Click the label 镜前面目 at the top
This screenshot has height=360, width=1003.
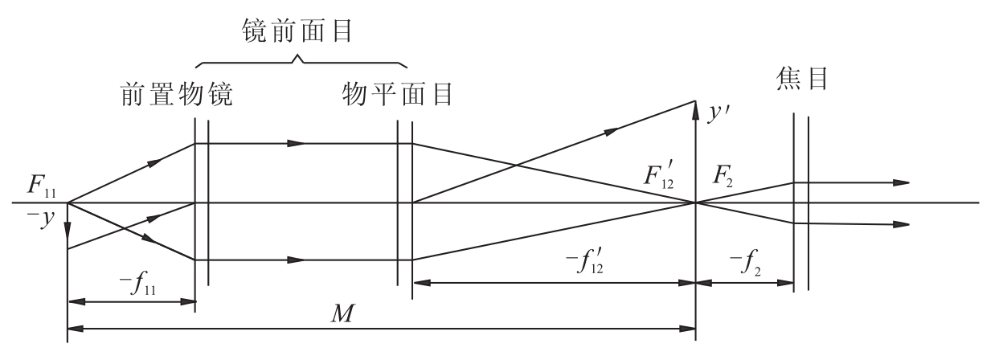[297, 31]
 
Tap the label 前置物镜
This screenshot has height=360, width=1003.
[177, 94]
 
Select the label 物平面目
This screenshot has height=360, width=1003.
[398, 94]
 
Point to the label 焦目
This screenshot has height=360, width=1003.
[801, 79]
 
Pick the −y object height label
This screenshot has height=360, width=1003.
[41, 219]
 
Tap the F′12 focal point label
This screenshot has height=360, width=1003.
[659, 175]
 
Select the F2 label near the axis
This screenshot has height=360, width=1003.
[723, 177]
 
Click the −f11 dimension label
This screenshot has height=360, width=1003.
[137, 284]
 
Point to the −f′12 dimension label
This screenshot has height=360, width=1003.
[584, 261]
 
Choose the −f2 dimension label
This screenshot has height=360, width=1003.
[745, 264]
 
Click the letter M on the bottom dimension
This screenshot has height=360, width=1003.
[342, 313]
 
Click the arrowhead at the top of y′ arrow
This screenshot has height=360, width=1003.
[695, 110]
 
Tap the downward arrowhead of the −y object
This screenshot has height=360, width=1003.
[68, 230]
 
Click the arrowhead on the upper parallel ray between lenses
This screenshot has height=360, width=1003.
[296, 143]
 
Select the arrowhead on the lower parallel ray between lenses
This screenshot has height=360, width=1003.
[296, 260]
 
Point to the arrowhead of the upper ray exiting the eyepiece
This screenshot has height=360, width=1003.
[901, 182]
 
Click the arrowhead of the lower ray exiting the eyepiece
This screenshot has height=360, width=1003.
[901, 224]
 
